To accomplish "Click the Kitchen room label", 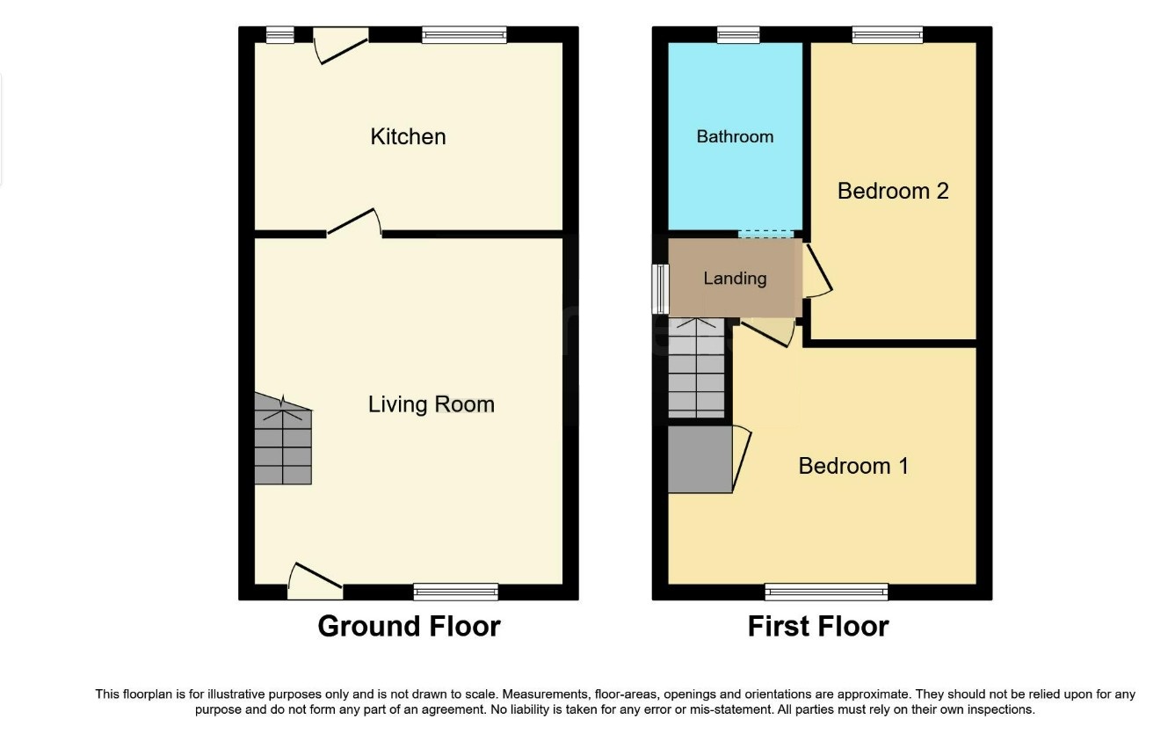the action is [408, 136].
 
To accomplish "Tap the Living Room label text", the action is [432, 404].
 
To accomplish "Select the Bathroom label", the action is [735, 136].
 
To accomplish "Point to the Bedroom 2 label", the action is [893, 191].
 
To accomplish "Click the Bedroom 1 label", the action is [853, 466].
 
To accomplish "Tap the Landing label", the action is [735, 278].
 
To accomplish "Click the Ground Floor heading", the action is [410, 626].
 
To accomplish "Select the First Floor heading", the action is [818, 626].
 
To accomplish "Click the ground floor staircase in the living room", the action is [283, 439].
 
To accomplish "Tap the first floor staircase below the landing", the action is [696, 367].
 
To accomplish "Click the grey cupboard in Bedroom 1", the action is [700, 460].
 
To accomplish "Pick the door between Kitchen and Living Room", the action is [354, 223].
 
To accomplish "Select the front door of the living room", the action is [316, 582].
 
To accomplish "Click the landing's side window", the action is [661, 289].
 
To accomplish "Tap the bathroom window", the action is [738, 35].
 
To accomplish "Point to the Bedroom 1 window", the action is [826, 592].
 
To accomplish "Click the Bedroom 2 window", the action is [888, 35].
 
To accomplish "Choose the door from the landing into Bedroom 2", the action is [817, 271].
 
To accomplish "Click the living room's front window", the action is [456, 592].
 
